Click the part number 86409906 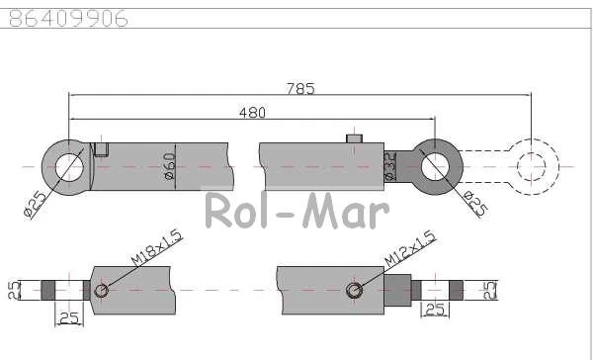68,18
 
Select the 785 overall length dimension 300,89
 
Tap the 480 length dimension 252,113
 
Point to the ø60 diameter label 170,166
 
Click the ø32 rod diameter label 390,166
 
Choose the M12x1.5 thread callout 409,248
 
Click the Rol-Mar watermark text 297,210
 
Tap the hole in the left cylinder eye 69,167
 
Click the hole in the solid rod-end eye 435,167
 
